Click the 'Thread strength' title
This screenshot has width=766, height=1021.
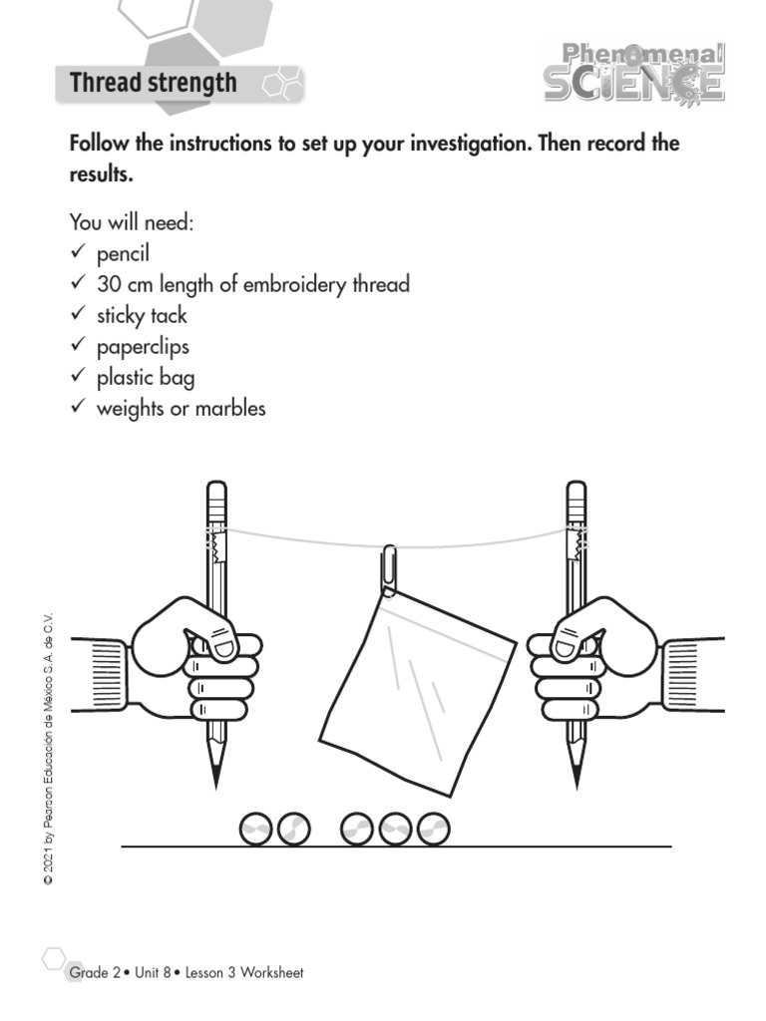153,83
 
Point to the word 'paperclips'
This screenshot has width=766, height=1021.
143,347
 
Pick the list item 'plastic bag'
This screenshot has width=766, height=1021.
146,378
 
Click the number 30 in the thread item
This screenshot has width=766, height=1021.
109,284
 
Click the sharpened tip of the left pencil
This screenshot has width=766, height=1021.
216,778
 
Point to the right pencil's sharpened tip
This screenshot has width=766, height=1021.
575,778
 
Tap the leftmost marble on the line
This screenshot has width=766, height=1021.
257,830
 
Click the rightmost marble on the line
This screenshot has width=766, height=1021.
433,830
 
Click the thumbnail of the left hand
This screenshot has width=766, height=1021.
222,647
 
